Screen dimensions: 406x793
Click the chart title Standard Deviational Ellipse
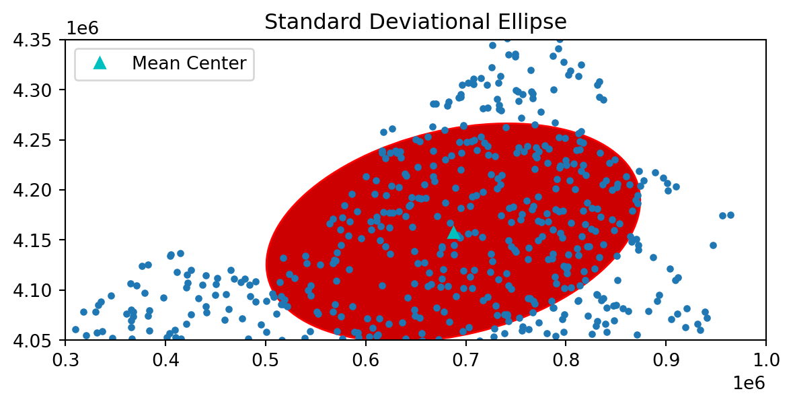coord(415,22)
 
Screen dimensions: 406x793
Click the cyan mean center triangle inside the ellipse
coord(454,233)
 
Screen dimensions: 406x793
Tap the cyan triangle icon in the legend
coord(100,63)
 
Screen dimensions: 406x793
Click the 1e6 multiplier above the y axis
coord(82,28)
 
